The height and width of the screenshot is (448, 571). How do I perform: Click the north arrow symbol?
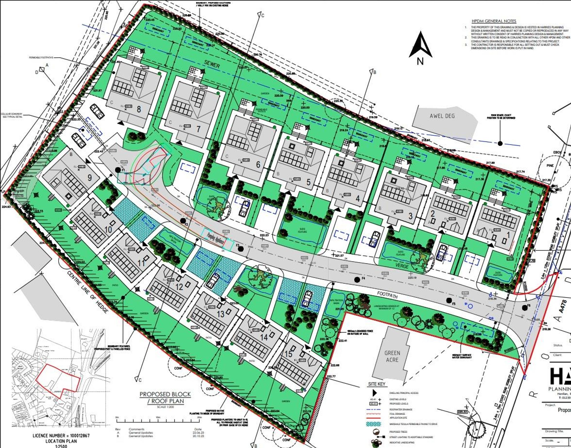pos(420,46)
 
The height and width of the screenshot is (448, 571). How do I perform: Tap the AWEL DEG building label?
pos(442,116)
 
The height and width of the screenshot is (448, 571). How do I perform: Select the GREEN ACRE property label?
pos(392,356)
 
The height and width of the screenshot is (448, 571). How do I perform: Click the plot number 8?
pos(139,109)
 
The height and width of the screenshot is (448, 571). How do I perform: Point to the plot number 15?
pos(288,354)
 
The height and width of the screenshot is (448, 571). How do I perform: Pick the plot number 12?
pos(179,287)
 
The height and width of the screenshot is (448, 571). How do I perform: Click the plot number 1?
pos(508,235)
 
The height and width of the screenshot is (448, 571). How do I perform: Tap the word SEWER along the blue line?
pos(212,65)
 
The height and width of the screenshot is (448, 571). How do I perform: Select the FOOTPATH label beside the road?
pos(387,295)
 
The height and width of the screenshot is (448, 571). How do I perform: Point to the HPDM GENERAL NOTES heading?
pos(494,21)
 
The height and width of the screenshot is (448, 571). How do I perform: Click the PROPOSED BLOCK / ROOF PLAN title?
pos(165,397)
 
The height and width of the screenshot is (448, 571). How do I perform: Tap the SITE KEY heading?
pos(377,384)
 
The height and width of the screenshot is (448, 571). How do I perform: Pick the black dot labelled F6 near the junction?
pos(524,308)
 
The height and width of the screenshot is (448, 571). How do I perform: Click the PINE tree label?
pos(550,165)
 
